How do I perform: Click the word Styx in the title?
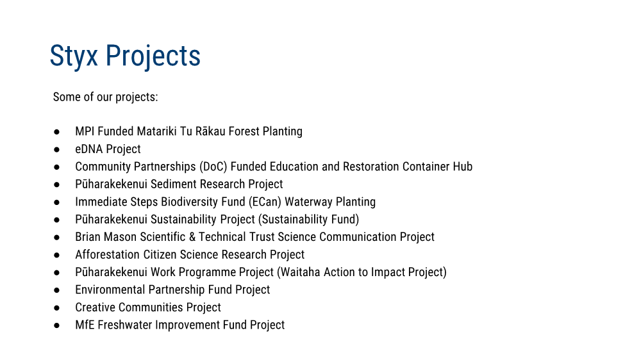(x=74, y=56)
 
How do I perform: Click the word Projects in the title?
(x=153, y=56)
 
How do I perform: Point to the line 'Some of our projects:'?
(x=106, y=97)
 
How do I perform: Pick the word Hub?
(x=463, y=167)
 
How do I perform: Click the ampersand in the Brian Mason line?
(x=192, y=237)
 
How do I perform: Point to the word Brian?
(x=88, y=237)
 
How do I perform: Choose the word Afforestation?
(x=108, y=254)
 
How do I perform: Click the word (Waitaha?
(x=299, y=272)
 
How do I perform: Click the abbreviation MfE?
(x=85, y=325)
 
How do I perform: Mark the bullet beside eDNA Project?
(x=57, y=149)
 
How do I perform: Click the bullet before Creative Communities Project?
(x=57, y=307)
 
